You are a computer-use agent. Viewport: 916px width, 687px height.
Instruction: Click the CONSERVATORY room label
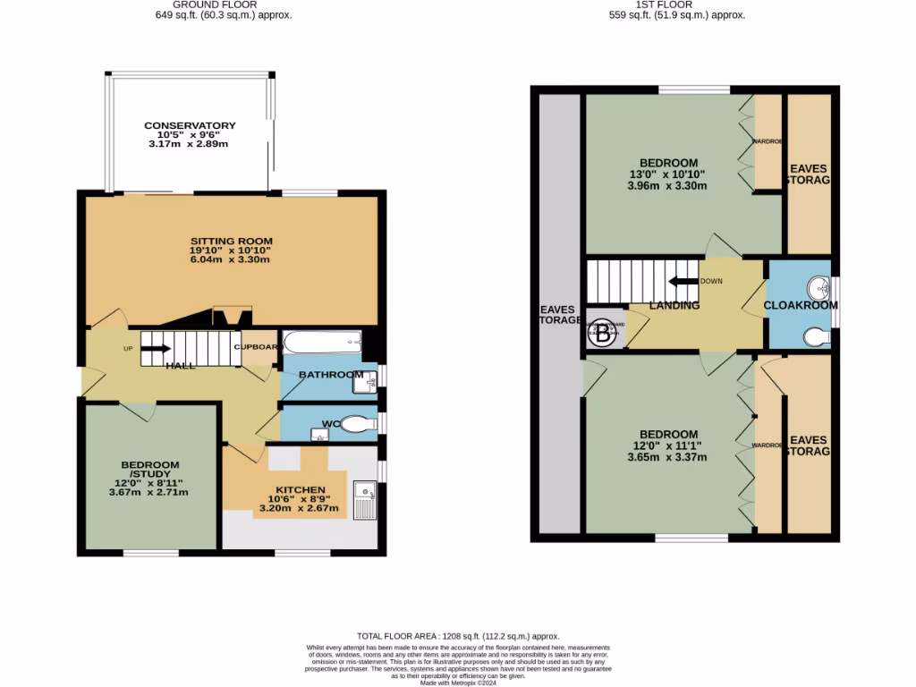click(190, 126)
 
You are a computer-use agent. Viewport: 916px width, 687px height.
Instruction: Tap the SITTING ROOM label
click(231, 242)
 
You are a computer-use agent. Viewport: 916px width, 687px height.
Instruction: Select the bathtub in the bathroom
click(322, 343)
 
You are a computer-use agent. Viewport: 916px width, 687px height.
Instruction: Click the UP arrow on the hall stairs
click(154, 349)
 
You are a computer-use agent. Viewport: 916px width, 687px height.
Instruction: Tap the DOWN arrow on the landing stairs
click(683, 281)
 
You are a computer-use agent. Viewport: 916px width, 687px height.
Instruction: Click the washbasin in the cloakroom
click(818, 288)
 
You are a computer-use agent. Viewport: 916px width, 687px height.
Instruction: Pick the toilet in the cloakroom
click(816, 335)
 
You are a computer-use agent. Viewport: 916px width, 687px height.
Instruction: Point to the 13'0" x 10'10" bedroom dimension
click(666, 175)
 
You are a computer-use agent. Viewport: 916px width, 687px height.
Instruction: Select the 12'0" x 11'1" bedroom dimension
click(666, 445)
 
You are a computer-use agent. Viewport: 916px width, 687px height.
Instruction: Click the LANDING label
click(674, 305)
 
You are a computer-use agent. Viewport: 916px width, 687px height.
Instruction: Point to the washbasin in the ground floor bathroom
click(364, 383)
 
